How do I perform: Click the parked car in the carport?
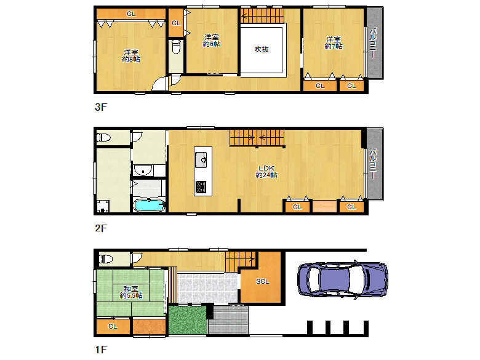(x=343, y=279)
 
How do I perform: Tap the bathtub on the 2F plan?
(x=149, y=205)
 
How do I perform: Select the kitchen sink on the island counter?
(x=201, y=159)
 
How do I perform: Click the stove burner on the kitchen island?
(x=201, y=187)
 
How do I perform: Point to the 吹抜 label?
(x=262, y=49)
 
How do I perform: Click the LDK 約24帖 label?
(x=266, y=172)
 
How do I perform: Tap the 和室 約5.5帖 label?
(x=131, y=292)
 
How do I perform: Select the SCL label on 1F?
(x=263, y=281)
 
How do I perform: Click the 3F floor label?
(x=101, y=107)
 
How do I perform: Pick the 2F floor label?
(x=101, y=228)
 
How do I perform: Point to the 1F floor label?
(x=101, y=350)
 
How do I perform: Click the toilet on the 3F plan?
(x=176, y=47)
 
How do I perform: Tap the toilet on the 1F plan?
(x=105, y=259)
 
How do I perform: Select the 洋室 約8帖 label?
(x=131, y=56)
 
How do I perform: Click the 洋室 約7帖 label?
(x=334, y=43)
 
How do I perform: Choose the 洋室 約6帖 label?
(x=212, y=41)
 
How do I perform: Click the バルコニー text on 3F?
(x=373, y=43)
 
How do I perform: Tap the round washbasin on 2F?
(x=143, y=170)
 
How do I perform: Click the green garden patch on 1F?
(x=187, y=320)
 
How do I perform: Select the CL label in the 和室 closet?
(x=113, y=327)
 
